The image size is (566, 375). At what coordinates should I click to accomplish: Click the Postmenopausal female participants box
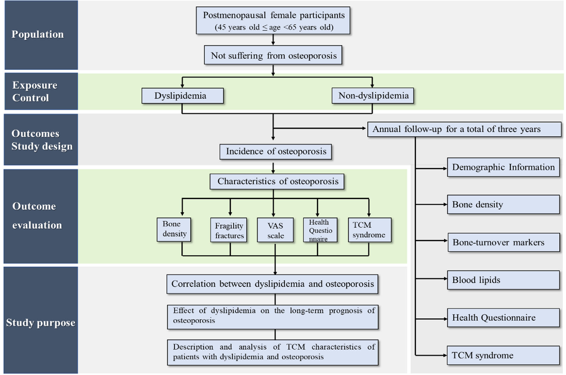tap(273, 21)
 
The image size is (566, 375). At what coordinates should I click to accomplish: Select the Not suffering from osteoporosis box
tap(273, 55)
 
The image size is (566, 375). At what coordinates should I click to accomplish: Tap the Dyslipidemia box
tap(182, 96)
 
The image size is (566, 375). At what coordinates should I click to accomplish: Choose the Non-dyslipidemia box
tap(373, 96)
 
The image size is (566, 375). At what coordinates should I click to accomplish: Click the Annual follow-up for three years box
tap(464, 129)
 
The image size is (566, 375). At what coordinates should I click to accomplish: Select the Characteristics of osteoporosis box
tap(277, 181)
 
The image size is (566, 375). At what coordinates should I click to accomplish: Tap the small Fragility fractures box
tap(229, 230)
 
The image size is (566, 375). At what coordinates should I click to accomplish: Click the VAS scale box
tap(275, 230)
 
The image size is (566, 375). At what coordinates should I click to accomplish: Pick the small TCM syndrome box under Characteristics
tap(370, 230)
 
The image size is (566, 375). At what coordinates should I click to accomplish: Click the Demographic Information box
tap(503, 167)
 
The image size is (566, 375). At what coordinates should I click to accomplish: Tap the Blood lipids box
tap(503, 280)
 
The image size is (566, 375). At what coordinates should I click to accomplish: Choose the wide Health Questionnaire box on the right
tap(503, 318)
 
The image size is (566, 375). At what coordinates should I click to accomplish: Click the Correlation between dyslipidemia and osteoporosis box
tap(272, 284)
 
